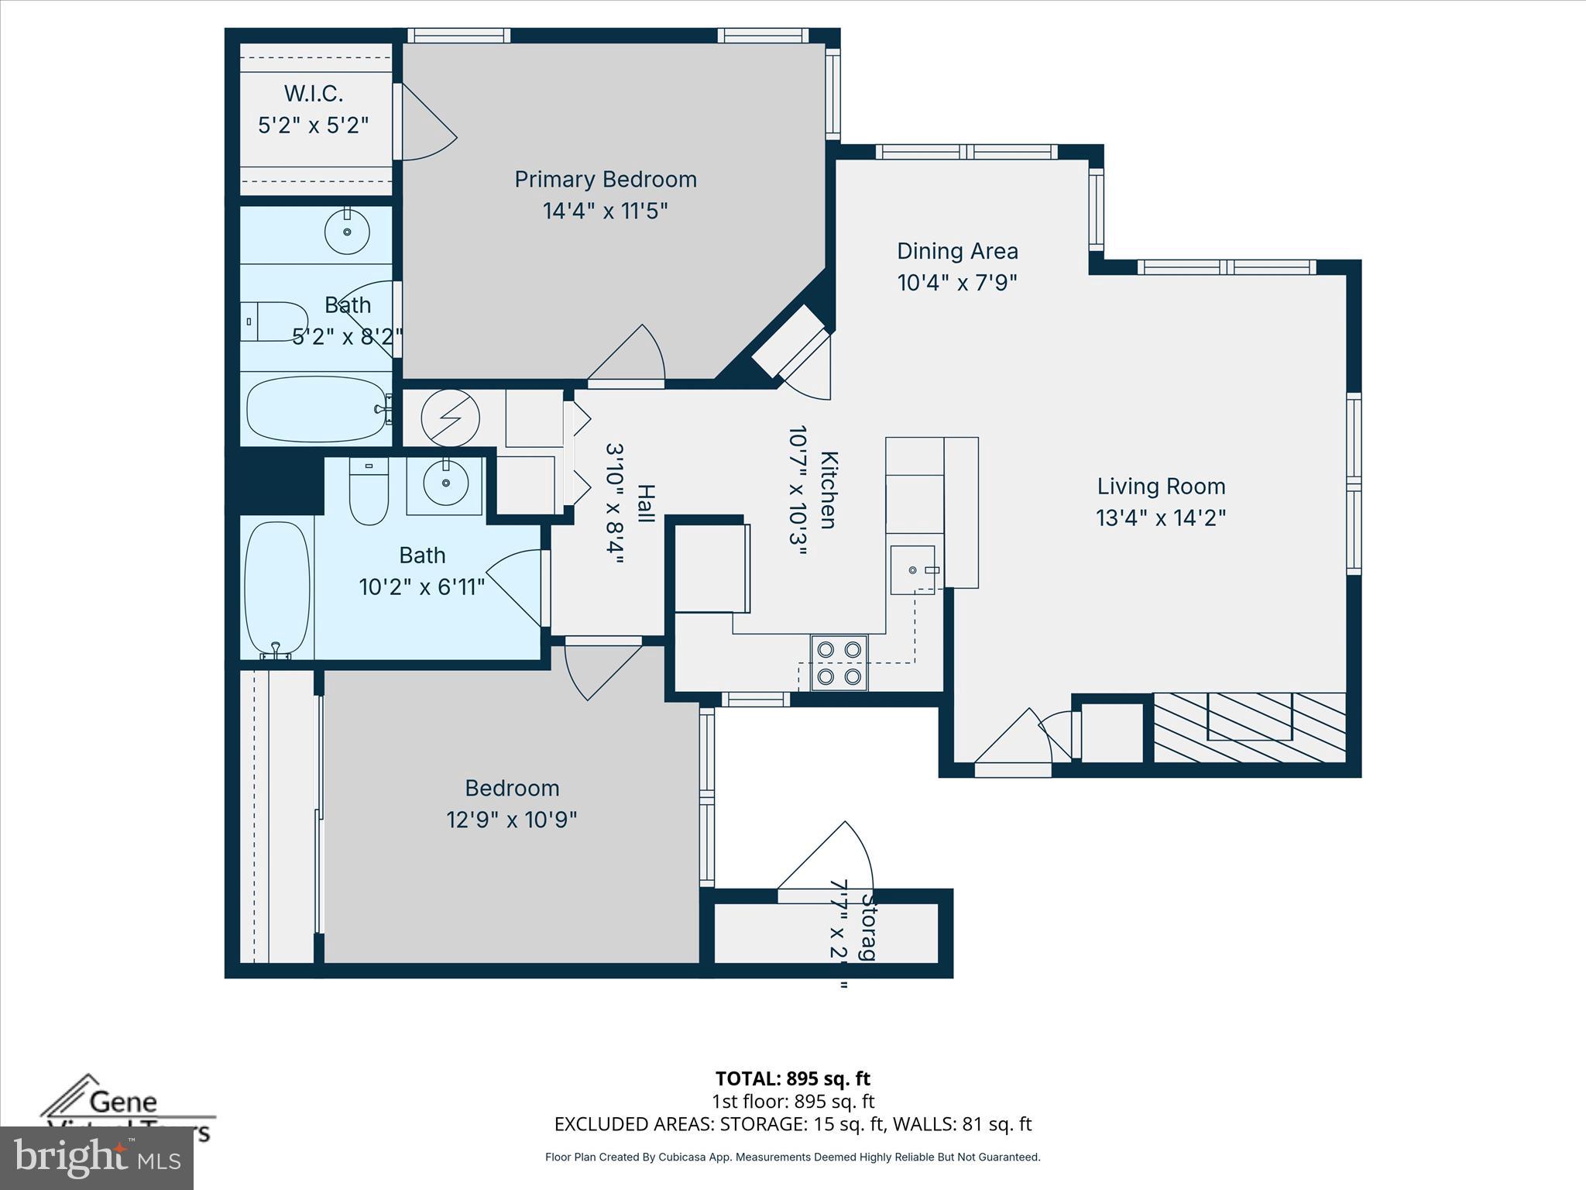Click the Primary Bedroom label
coord(606,180)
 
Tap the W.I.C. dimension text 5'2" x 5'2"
coord(313,126)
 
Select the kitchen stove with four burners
coord(839,662)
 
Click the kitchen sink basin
coord(912,570)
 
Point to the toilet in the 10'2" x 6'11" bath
coord(369,493)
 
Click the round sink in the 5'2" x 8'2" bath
coord(347,232)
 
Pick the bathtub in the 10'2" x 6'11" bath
coord(276,587)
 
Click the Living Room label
coord(1161,487)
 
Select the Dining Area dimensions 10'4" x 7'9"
coord(956,283)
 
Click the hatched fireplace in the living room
coord(1249,727)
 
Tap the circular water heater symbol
coord(450,418)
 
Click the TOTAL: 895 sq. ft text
coord(792,1078)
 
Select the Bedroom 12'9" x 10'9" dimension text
coord(511,820)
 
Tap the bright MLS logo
coord(97,1157)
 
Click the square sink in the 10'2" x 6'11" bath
coord(445,483)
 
